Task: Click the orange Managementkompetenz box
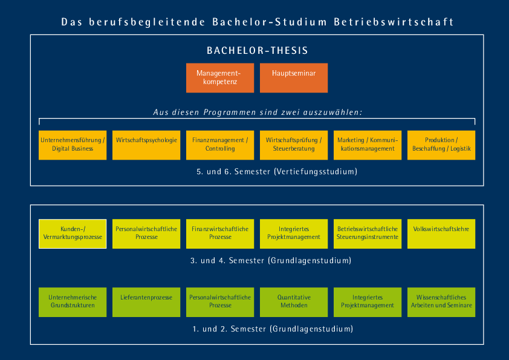[220, 78]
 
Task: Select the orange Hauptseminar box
[294, 78]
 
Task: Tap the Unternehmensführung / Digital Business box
[73, 145]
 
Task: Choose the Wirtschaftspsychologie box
[146, 145]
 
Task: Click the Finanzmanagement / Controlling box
[220, 145]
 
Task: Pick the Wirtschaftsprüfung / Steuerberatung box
[294, 145]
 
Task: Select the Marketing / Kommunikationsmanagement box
[368, 145]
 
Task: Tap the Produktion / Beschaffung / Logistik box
[441, 145]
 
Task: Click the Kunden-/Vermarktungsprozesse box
[73, 234]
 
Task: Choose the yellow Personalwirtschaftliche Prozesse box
[146, 234]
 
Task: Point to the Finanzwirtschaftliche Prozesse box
[220, 234]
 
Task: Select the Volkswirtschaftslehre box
[441, 234]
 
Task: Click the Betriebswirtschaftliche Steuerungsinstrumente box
[368, 234]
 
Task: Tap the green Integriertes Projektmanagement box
[368, 302]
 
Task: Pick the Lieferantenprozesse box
[146, 302]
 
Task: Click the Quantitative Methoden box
[294, 302]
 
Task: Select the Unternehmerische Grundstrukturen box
[73, 302]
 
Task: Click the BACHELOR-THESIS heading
[257, 51]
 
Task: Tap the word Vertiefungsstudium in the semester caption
[315, 172]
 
